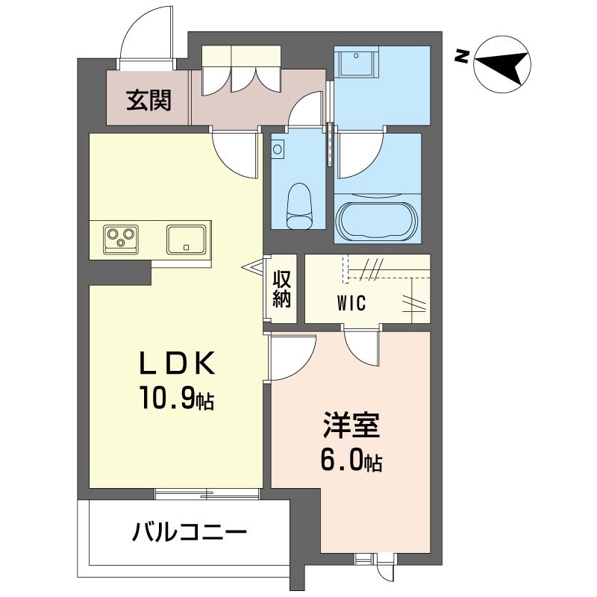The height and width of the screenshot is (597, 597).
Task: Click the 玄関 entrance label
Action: point(149,99)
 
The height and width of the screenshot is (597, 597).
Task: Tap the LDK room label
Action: point(178,363)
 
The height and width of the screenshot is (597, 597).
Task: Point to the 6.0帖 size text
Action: point(351,462)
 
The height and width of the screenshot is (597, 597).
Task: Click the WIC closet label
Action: point(350,304)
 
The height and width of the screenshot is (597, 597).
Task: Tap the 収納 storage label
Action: point(281,290)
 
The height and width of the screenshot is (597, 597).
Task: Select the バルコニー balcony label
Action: point(190,533)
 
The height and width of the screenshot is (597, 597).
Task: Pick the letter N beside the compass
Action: point(463,54)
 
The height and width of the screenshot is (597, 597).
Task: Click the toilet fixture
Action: point(300,206)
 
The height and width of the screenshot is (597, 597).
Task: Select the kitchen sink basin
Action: point(187,239)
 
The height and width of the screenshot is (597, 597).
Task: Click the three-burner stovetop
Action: point(119,238)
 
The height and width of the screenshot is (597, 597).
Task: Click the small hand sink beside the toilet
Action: point(278,149)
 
